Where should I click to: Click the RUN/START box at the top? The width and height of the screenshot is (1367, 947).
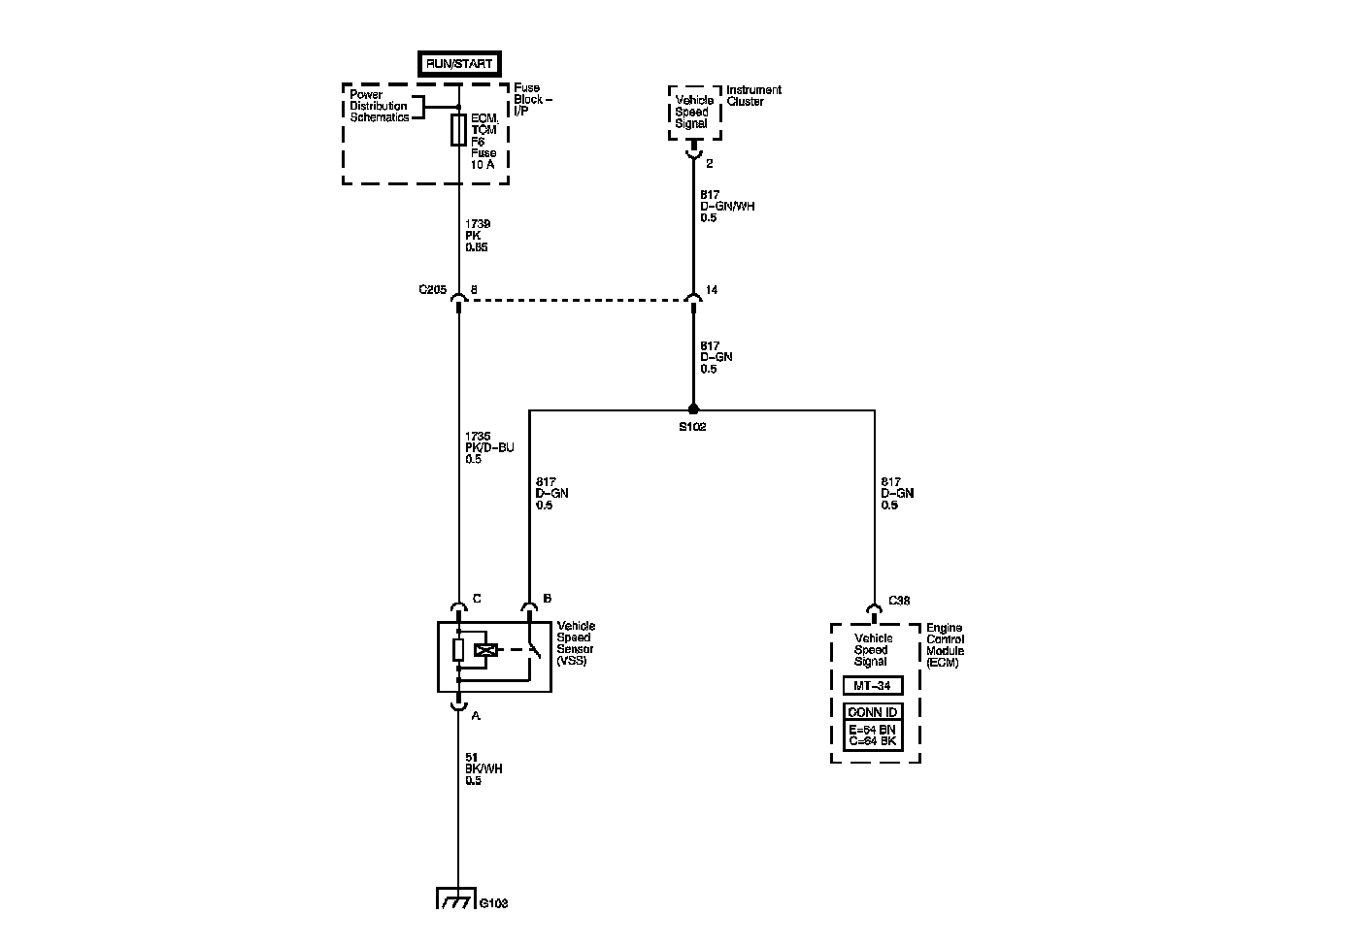click(x=459, y=64)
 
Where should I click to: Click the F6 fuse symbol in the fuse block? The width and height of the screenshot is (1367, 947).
click(x=459, y=131)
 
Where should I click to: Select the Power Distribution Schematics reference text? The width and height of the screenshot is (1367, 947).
click(x=380, y=106)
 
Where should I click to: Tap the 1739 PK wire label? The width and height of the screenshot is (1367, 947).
click(x=477, y=236)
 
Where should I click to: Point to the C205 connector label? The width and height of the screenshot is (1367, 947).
click(x=432, y=290)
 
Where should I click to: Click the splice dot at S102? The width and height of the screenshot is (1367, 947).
click(x=693, y=409)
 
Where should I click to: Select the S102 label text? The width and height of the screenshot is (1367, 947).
click(x=693, y=427)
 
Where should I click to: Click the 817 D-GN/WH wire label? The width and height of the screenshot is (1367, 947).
click(x=727, y=206)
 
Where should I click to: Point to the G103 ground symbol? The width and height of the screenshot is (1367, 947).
click(x=456, y=898)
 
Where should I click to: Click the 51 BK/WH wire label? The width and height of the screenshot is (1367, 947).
click(x=483, y=768)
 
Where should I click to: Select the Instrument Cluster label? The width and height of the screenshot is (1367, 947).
click(x=754, y=96)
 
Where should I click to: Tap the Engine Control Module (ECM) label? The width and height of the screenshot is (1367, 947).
click(x=946, y=645)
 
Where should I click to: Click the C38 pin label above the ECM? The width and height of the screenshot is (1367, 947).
click(x=898, y=601)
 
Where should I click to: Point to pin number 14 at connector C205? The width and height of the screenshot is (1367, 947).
click(x=712, y=290)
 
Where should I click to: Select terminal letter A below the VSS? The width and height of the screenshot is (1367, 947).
click(x=475, y=716)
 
